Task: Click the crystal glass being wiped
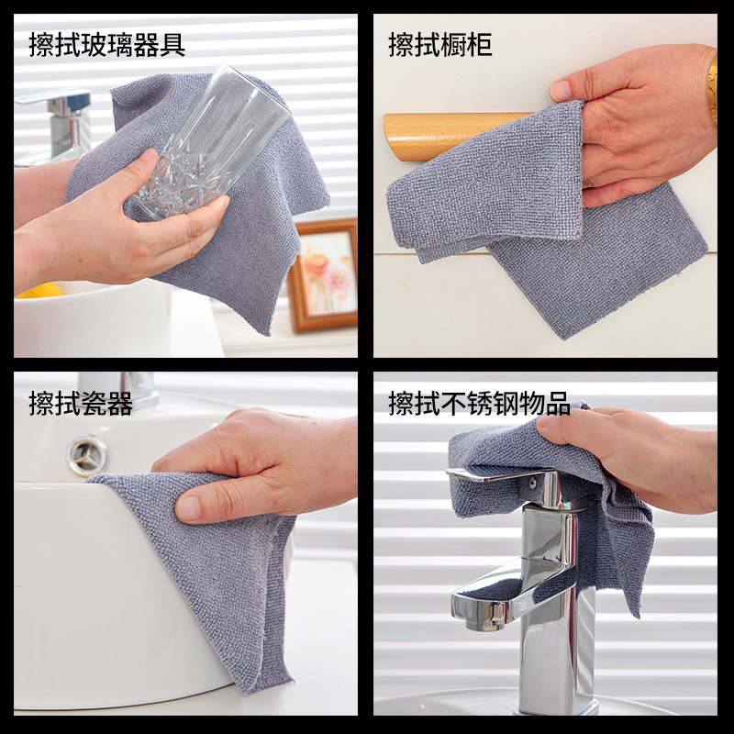pos(206,147)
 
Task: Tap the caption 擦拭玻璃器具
pos(107,44)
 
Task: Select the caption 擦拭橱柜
pos(439,44)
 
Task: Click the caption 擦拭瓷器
pos(81,403)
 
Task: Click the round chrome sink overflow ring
pos(88,455)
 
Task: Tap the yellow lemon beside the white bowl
pos(40,291)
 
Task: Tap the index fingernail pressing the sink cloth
pos(190,506)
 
